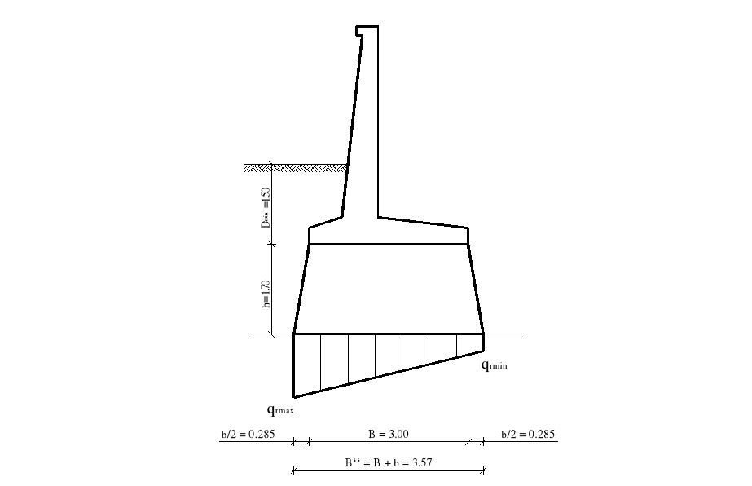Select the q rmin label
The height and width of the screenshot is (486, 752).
[x=494, y=366]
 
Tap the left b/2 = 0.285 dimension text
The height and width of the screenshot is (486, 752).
[x=248, y=434]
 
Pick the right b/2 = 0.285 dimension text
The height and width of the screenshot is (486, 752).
[x=528, y=434]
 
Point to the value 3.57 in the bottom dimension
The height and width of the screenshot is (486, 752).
[x=417, y=462]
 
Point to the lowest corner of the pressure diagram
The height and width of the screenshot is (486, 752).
[x=294, y=396]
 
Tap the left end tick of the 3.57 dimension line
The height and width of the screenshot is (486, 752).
[x=293, y=469]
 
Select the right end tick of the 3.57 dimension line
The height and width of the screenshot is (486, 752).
[x=484, y=469]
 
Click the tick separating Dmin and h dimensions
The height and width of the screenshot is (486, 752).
[x=272, y=244]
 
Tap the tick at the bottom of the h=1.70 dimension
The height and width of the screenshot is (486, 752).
[x=272, y=334]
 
